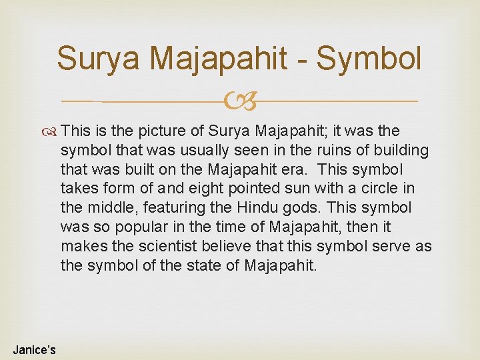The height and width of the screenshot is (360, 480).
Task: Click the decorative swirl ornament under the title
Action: click(x=240, y=102)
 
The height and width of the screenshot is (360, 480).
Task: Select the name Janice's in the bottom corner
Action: click(x=34, y=349)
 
